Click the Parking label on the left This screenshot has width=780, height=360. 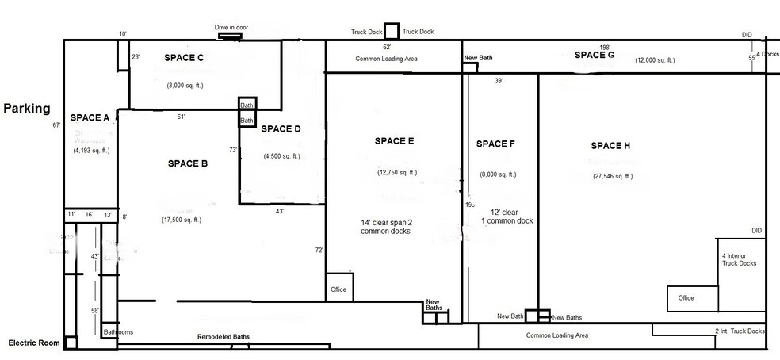[x=27, y=109]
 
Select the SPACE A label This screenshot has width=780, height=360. [x=90, y=117]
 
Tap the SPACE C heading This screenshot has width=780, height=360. [x=185, y=58]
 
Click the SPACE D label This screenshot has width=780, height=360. [x=281, y=128]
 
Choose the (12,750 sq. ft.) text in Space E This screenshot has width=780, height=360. [x=397, y=172]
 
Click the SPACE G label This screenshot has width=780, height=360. [x=595, y=55]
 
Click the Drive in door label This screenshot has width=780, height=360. [x=231, y=27]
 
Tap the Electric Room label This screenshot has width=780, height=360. [x=34, y=343]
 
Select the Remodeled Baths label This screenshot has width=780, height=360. [x=224, y=337]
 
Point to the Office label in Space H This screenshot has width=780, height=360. [x=686, y=298]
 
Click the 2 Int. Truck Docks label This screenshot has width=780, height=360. [x=739, y=331]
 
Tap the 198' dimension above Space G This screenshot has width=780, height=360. [x=605, y=47]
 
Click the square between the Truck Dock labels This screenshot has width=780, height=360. [x=392, y=30]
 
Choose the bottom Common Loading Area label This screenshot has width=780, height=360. [x=557, y=336]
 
